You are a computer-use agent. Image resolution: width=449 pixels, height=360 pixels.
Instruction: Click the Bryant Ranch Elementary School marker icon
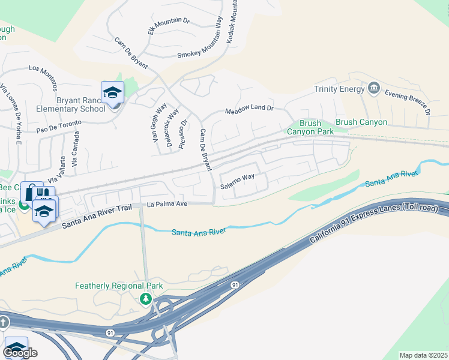coord(112,93)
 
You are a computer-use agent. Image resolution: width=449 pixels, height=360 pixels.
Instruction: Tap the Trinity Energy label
coord(339,89)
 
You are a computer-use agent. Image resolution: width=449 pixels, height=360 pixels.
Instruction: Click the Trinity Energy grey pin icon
coord(374,89)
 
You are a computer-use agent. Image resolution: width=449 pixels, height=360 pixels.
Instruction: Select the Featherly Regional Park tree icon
coord(145,298)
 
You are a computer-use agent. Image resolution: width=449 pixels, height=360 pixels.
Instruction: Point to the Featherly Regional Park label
coord(119,286)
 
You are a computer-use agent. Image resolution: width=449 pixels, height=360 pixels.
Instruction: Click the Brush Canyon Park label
coord(310,127)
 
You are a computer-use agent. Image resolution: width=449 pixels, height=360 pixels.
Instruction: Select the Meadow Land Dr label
coord(249,110)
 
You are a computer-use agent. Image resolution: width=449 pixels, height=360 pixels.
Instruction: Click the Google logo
coord(20,353)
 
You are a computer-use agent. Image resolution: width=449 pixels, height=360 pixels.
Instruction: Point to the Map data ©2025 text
coord(423,355)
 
